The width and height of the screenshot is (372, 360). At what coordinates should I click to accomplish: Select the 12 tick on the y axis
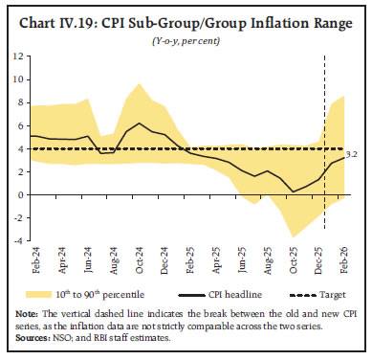(x=18, y=56)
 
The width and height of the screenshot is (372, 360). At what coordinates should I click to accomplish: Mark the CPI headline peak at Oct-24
(x=141, y=124)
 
